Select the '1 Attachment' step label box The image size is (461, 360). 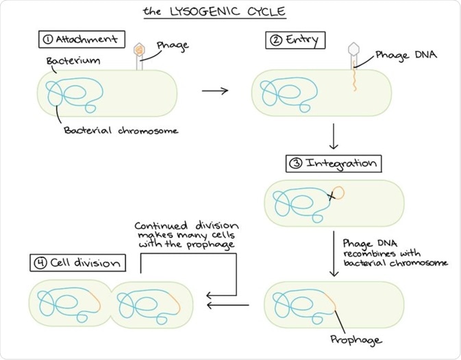pyautogui.click(x=79, y=39)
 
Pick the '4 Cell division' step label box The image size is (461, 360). pyautogui.click(x=77, y=263)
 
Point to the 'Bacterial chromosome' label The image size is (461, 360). pyautogui.click(x=121, y=130)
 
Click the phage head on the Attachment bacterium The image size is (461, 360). pyautogui.click(x=139, y=49)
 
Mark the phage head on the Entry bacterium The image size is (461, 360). pyautogui.click(x=354, y=49)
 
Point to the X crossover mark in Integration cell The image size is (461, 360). pyautogui.click(x=332, y=197)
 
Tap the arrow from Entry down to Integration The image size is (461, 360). pyautogui.click(x=334, y=136)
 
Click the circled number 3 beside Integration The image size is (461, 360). pyautogui.click(x=295, y=164)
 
